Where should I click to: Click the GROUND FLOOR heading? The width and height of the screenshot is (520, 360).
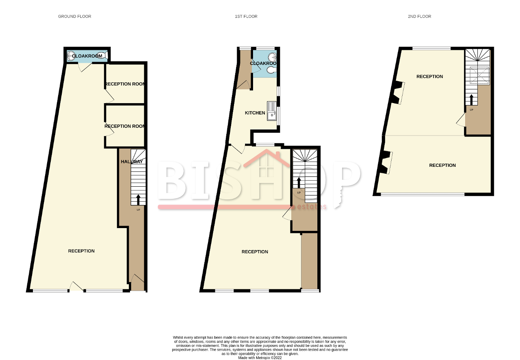point(74,17)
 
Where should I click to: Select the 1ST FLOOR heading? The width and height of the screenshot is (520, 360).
point(246,17)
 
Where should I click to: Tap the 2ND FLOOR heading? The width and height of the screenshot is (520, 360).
point(419,17)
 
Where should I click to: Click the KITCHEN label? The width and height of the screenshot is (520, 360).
point(255,113)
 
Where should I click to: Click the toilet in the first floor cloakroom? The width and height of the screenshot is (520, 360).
point(271,71)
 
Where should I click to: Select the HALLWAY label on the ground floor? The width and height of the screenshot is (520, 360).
point(132,162)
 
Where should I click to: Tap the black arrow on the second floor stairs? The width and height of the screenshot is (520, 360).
point(471,99)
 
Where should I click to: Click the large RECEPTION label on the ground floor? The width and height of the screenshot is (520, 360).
point(81,251)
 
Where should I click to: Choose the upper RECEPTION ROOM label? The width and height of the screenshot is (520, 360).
point(125,84)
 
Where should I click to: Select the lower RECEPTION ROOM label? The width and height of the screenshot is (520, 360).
point(125,126)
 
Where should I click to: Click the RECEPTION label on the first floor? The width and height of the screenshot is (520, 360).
point(255,252)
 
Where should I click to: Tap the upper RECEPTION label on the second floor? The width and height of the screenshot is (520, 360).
point(429,77)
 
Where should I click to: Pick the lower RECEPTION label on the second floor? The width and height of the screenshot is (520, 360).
point(442,165)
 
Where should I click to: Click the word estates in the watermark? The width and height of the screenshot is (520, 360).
point(312,207)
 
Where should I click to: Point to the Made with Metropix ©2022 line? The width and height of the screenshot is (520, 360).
point(260,358)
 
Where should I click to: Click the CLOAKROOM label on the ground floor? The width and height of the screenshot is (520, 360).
point(87,56)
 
